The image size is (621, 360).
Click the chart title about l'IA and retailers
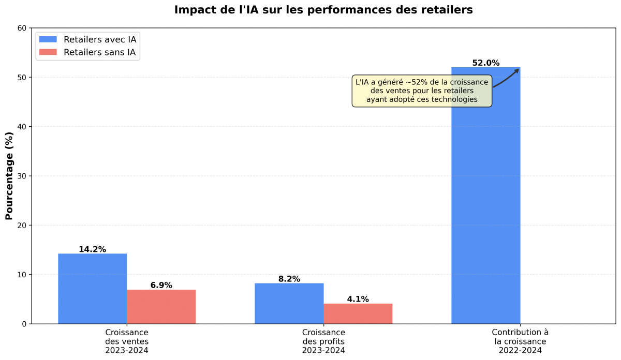coord(323,10)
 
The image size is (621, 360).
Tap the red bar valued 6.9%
coord(161,307)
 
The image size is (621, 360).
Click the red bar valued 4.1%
coord(358,313)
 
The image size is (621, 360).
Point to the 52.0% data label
coord(485,63)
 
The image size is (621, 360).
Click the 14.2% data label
coord(92,249)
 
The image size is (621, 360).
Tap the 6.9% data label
coord(161,285)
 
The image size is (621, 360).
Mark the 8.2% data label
coord(289,279)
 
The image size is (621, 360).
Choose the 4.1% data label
coord(358,299)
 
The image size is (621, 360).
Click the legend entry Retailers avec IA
coord(100,39)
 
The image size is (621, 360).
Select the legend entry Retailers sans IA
coord(100,52)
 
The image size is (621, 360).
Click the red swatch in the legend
coord(48,52)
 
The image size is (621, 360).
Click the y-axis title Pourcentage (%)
coord(9,176)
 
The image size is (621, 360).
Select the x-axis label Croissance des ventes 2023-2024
coord(127,341)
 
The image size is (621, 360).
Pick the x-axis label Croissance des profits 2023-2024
coord(323,341)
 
